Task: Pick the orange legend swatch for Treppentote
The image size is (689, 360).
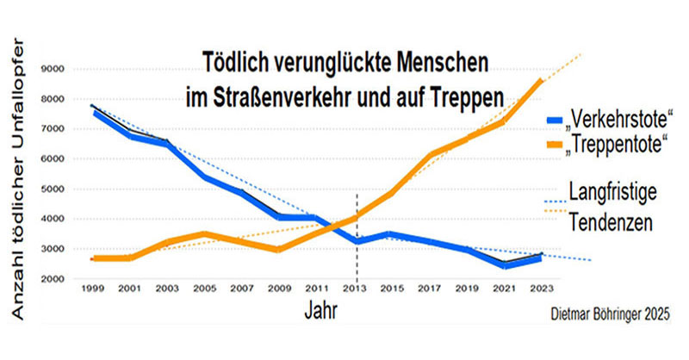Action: pyautogui.click(x=555, y=142)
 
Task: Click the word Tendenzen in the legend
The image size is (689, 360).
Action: pyautogui.click(x=611, y=223)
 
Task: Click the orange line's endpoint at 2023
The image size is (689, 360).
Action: pyautogui.click(x=541, y=80)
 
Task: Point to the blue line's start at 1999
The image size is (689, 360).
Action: pyautogui.click(x=93, y=110)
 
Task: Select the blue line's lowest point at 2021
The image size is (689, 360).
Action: pyautogui.click(x=503, y=265)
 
